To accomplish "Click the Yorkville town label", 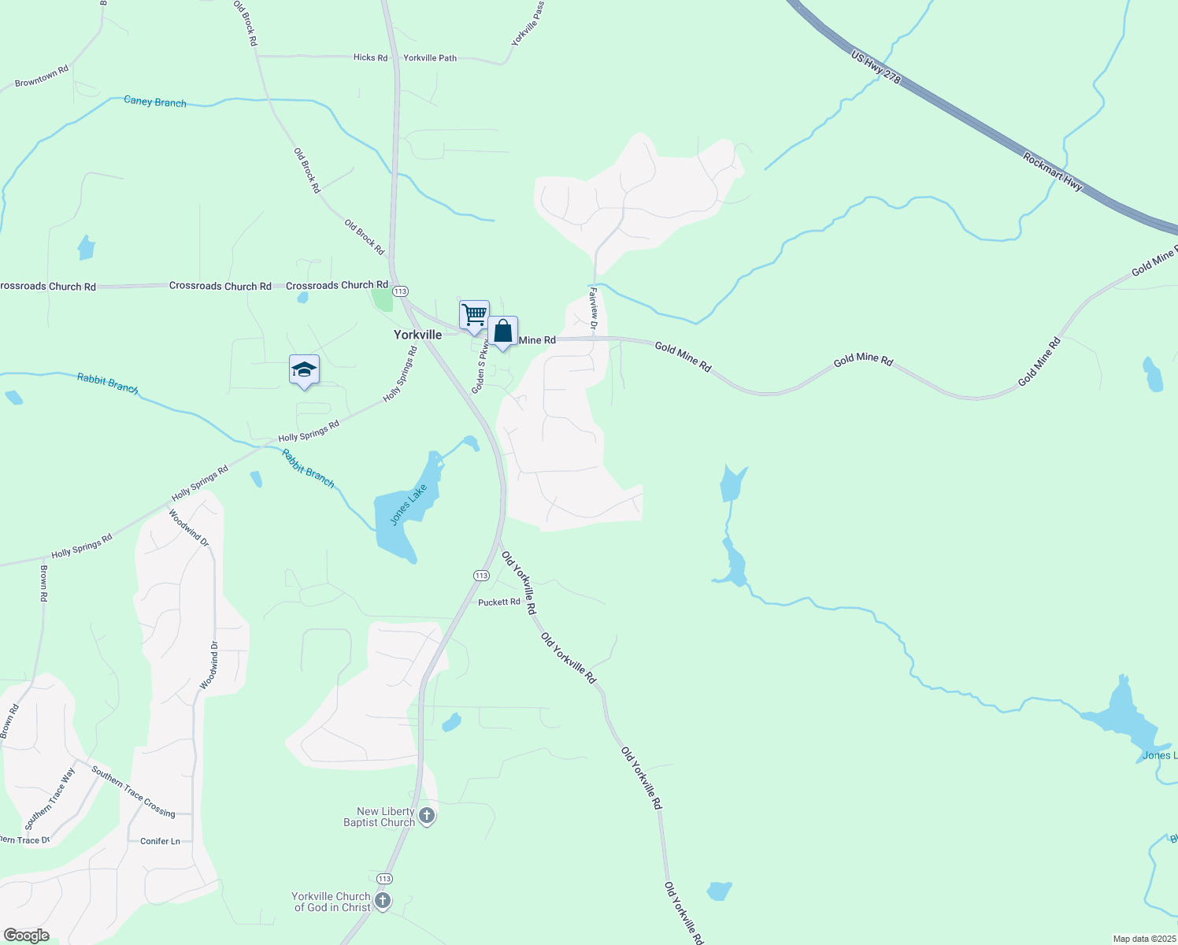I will [x=417, y=335].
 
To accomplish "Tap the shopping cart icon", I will [x=474, y=314].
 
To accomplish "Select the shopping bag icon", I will [x=502, y=332].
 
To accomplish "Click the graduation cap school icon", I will [x=304, y=370].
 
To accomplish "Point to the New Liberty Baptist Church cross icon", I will [x=427, y=816].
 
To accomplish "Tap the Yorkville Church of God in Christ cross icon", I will [x=383, y=901].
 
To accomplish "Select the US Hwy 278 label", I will [x=876, y=69].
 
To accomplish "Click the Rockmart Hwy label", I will [x=1053, y=172].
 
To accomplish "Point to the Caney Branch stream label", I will [x=155, y=102].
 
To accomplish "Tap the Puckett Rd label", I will [x=499, y=602].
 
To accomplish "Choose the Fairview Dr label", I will [x=594, y=308].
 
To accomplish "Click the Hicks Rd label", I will [x=370, y=57].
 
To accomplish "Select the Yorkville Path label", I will [x=430, y=58].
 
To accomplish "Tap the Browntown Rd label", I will [x=42, y=76].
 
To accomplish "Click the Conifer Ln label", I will [x=160, y=841].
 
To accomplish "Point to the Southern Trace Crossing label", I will [x=133, y=791].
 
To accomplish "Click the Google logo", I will [x=27, y=935].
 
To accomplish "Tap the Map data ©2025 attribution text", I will [x=1143, y=939].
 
